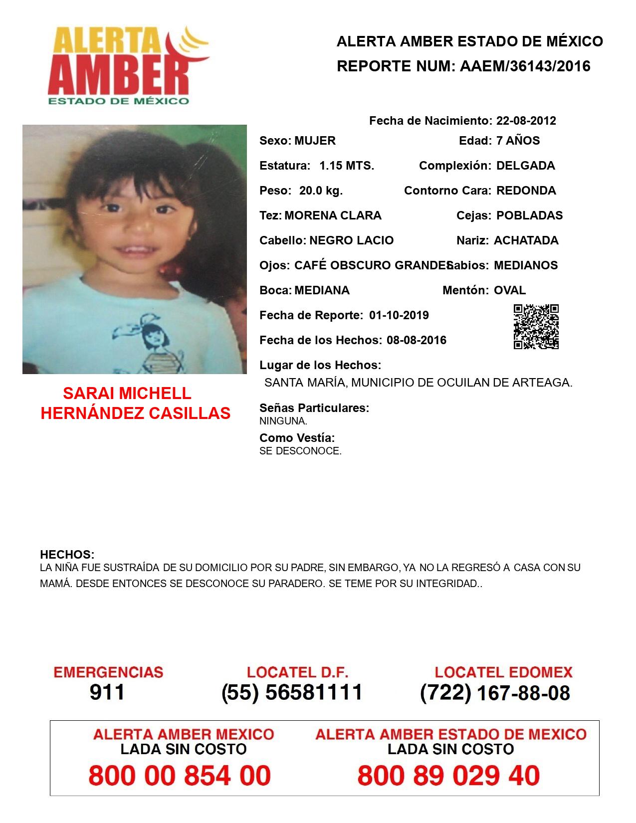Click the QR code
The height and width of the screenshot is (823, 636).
[x=536, y=327]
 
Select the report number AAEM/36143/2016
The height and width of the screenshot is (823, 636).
[x=525, y=66]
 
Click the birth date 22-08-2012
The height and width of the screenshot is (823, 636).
[x=526, y=121]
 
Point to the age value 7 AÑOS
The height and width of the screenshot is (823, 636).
[x=518, y=141]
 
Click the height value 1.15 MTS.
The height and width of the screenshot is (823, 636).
[x=347, y=166]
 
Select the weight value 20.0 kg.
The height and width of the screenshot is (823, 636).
[x=321, y=191]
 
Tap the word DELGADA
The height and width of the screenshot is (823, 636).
[x=525, y=166]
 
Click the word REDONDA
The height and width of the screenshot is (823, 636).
[x=526, y=191]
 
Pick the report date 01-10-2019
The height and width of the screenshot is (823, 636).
[x=399, y=315]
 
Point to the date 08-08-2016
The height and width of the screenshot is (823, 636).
[x=416, y=340]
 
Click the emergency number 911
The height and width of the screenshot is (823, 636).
[x=107, y=692]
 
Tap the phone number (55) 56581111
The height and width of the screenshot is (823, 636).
[x=292, y=692]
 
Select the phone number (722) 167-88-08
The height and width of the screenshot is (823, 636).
[x=495, y=693]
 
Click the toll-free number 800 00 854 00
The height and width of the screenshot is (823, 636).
[x=180, y=776]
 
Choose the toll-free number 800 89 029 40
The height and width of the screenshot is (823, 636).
[x=448, y=776]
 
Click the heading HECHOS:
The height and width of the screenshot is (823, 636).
[x=67, y=555]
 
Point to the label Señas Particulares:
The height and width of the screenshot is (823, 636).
[x=314, y=408]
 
